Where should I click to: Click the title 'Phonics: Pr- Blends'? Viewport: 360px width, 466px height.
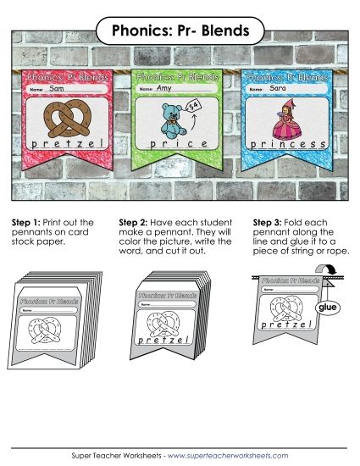(179, 31)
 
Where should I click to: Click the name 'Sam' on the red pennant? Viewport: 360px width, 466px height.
(58, 88)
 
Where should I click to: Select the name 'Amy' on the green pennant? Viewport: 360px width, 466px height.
(164, 87)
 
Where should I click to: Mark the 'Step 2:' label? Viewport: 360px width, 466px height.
(135, 222)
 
